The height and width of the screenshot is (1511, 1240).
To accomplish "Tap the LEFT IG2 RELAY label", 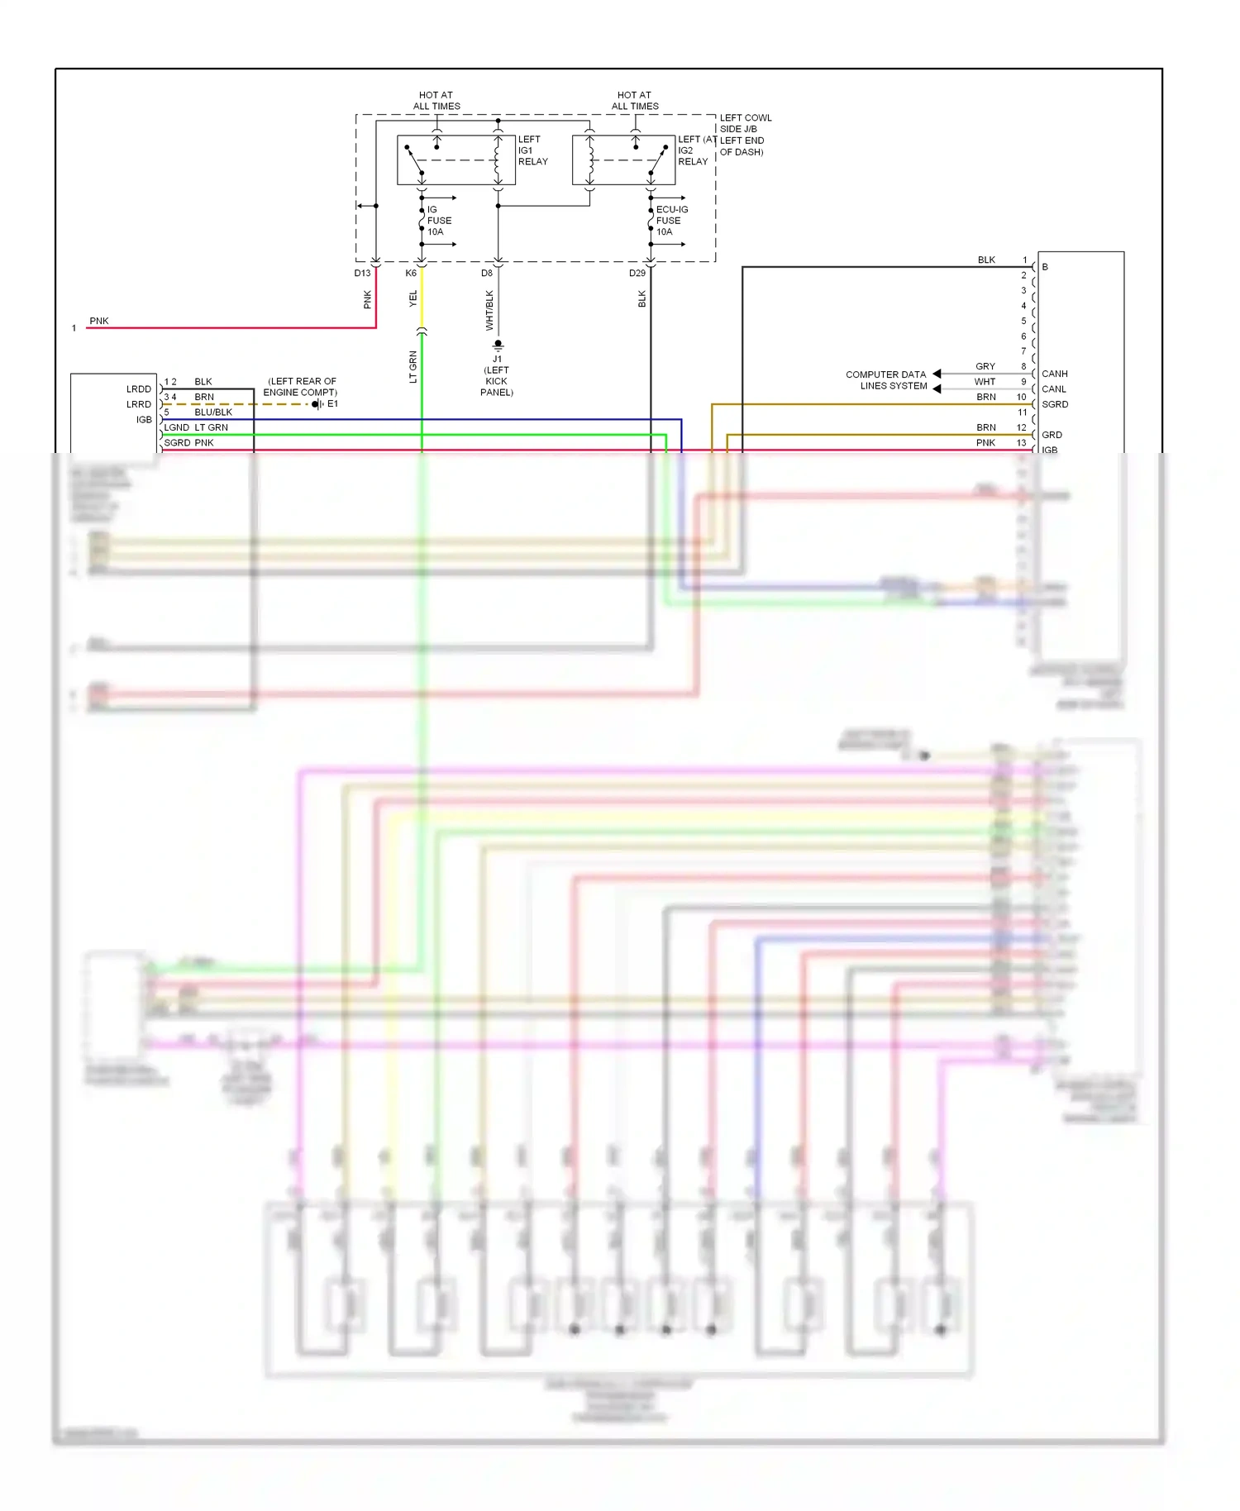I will (692, 150).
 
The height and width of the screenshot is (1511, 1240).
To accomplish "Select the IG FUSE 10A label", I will (438, 221).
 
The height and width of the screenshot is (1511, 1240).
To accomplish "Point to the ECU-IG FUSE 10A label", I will (670, 221).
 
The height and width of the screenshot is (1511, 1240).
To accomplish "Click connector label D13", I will (362, 273).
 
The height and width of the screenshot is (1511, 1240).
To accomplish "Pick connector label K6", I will (411, 273).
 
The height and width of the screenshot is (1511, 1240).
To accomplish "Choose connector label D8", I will (487, 273).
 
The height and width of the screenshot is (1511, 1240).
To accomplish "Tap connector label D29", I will (637, 273).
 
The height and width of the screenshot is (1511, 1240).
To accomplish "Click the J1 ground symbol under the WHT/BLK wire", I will (498, 345).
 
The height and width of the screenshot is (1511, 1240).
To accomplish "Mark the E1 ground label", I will (332, 404).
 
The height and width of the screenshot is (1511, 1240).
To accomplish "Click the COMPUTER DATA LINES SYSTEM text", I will (885, 380).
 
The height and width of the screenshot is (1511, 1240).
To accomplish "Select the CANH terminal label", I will (1054, 374).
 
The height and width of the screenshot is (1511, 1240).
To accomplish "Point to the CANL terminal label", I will (1053, 389).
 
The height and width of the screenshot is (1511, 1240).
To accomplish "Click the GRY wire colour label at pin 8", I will (985, 366).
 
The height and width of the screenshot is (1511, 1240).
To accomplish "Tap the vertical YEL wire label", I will (413, 299).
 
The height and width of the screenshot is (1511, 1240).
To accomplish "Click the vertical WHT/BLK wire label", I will (489, 310).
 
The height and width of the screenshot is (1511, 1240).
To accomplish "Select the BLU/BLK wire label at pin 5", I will (213, 412).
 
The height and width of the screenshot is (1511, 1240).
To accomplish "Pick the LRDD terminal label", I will (139, 389).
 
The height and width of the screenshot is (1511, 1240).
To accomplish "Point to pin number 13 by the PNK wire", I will (1021, 443).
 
